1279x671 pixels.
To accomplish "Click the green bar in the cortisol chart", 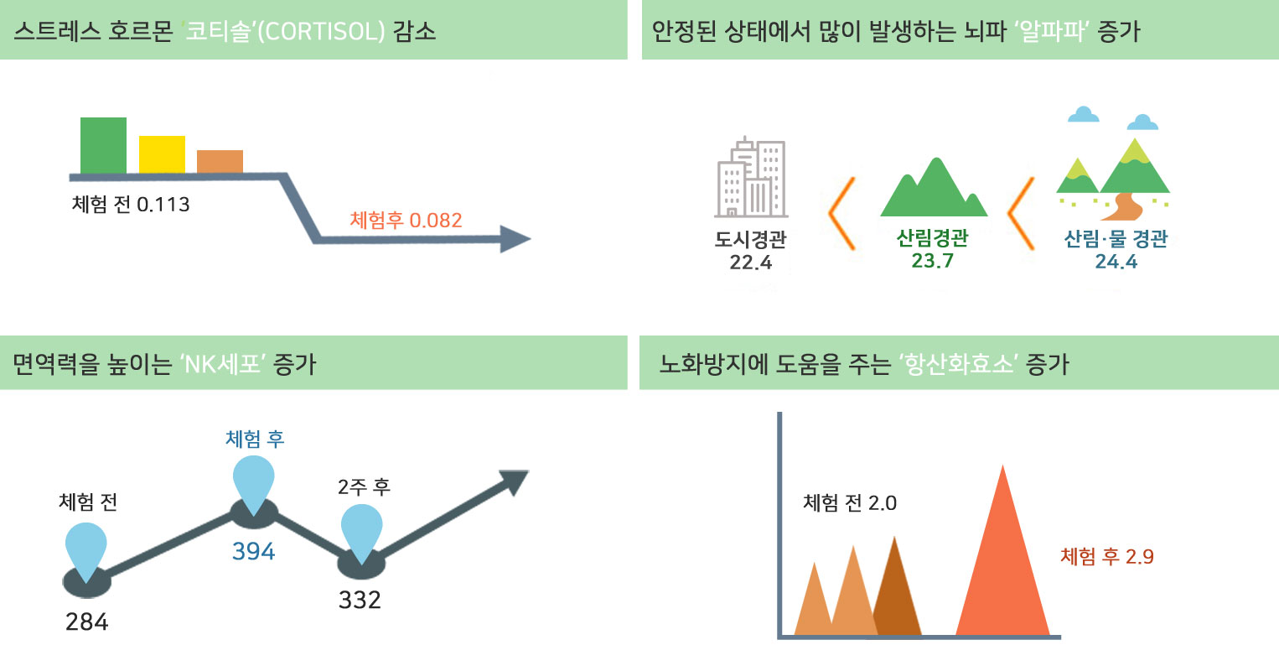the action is pyautogui.click(x=103, y=145).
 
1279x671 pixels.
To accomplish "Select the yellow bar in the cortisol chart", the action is pyautogui.click(x=162, y=154).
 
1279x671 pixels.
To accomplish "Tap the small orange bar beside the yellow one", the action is pyautogui.click(x=220, y=162).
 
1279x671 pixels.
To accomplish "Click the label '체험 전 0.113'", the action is pyautogui.click(x=131, y=204).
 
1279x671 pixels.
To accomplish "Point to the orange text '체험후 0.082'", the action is pyautogui.click(x=406, y=220).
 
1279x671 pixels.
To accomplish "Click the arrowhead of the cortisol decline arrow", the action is pyautogui.click(x=515, y=239).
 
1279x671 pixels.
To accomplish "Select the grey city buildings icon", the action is pyautogui.click(x=752, y=177).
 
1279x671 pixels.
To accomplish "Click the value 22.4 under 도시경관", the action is pyautogui.click(x=751, y=263).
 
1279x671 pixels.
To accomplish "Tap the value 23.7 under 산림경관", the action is pyautogui.click(x=932, y=261).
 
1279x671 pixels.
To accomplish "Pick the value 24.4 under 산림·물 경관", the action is pyautogui.click(x=1116, y=262).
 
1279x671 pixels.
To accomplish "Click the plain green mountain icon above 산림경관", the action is pyautogui.click(x=935, y=188).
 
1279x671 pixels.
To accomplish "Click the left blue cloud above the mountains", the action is pyautogui.click(x=1083, y=114).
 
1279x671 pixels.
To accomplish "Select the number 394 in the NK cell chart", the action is pyautogui.click(x=253, y=552).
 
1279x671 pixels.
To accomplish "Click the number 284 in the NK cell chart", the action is pyautogui.click(x=87, y=622).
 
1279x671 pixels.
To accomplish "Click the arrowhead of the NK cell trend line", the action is pyautogui.click(x=515, y=481).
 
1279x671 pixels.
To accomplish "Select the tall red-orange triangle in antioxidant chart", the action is pyautogui.click(x=1002, y=550).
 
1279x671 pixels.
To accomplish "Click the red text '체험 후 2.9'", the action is pyautogui.click(x=1107, y=556).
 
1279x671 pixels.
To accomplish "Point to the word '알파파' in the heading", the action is pyautogui.click(x=1052, y=31).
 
